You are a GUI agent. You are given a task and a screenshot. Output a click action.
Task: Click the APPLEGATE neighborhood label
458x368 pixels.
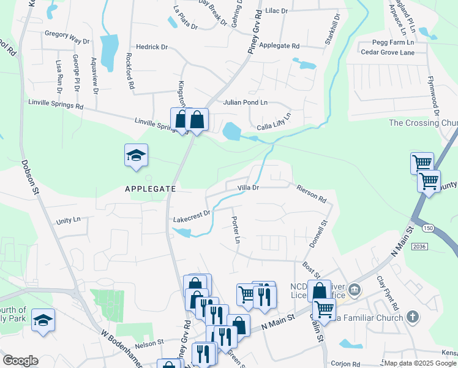151,190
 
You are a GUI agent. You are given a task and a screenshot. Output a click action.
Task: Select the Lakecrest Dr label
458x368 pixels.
192,216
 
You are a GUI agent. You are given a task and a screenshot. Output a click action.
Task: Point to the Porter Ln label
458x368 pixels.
235,229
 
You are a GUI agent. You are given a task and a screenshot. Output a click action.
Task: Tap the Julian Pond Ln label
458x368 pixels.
246,102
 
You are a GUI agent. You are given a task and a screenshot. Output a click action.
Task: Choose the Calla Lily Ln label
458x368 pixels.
274,121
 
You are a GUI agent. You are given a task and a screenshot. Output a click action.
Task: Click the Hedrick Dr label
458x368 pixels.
152,47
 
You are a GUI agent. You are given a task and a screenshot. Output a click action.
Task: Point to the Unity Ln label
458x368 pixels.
68,220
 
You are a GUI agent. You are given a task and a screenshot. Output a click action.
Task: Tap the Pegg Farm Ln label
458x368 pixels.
393,43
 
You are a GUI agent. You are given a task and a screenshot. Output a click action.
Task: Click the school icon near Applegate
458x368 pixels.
136,156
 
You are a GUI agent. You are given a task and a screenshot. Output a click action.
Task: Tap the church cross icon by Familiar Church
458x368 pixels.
413,317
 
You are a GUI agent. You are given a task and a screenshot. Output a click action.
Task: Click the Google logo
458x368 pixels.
20,361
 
